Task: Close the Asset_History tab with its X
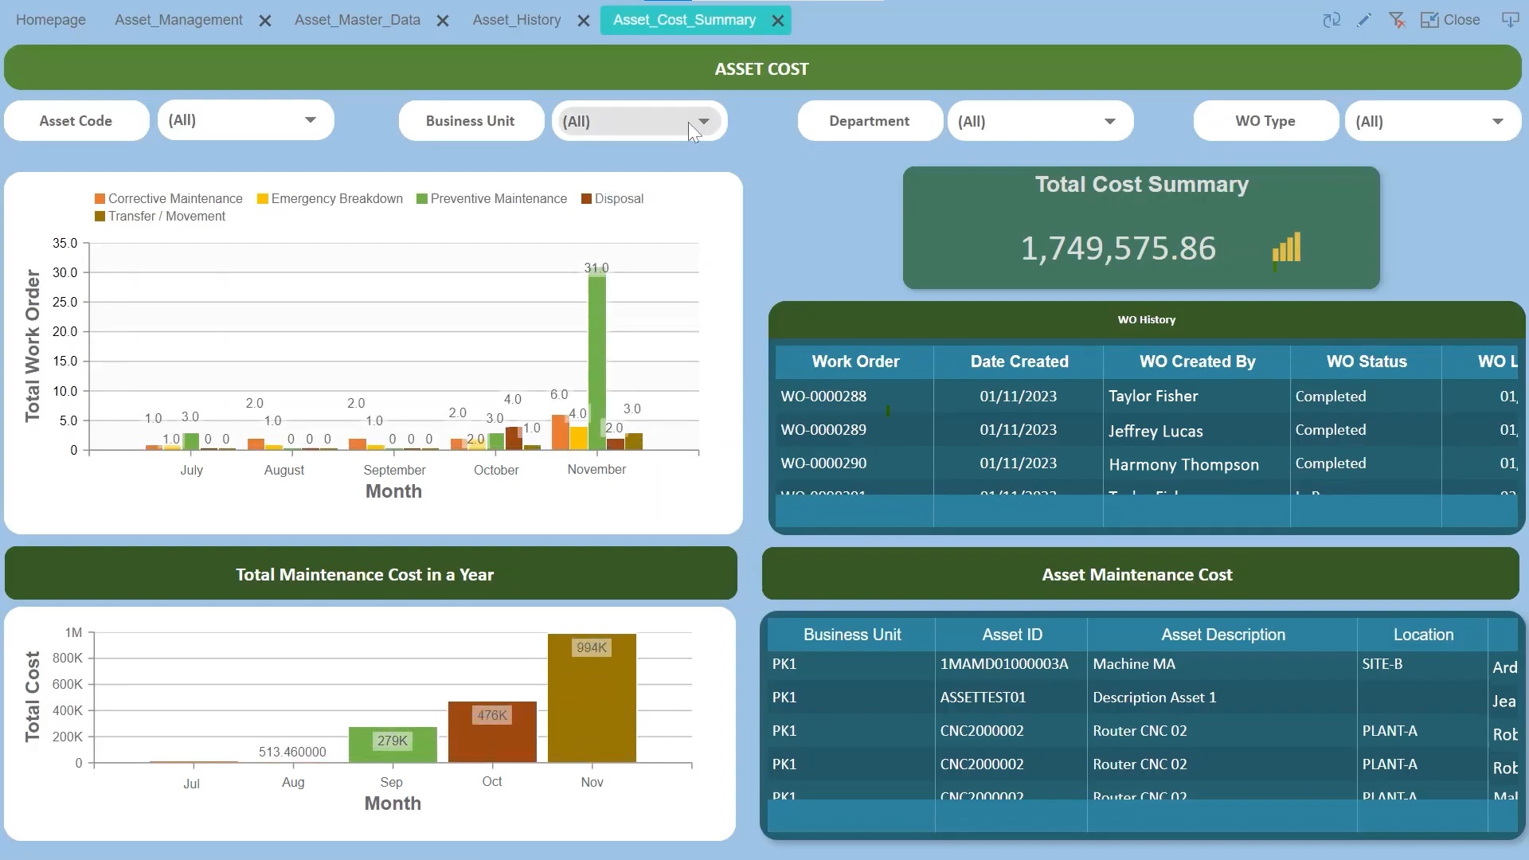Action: (584, 21)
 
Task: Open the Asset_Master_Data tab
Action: (357, 20)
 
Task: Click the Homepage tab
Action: (51, 20)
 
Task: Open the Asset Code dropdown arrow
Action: (311, 120)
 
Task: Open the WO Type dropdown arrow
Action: (1497, 122)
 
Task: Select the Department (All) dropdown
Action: (1039, 122)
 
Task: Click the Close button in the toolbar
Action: (1451, 20)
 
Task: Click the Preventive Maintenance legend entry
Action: (498, 199)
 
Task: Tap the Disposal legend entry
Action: (618, 199)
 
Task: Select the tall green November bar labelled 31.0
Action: (596, 358)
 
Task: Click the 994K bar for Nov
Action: (592, 701)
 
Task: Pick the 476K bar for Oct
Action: (492, 733)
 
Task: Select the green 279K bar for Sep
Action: (393, 745)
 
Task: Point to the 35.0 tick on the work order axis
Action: (65, 243)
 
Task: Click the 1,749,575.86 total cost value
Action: (1118, 248)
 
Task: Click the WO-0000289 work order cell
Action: (823, 430)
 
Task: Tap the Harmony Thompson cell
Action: (1183, 464)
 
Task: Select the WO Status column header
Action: (1366, 362)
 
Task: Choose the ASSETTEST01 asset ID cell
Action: (983, 698)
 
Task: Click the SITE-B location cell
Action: (1382, 664)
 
